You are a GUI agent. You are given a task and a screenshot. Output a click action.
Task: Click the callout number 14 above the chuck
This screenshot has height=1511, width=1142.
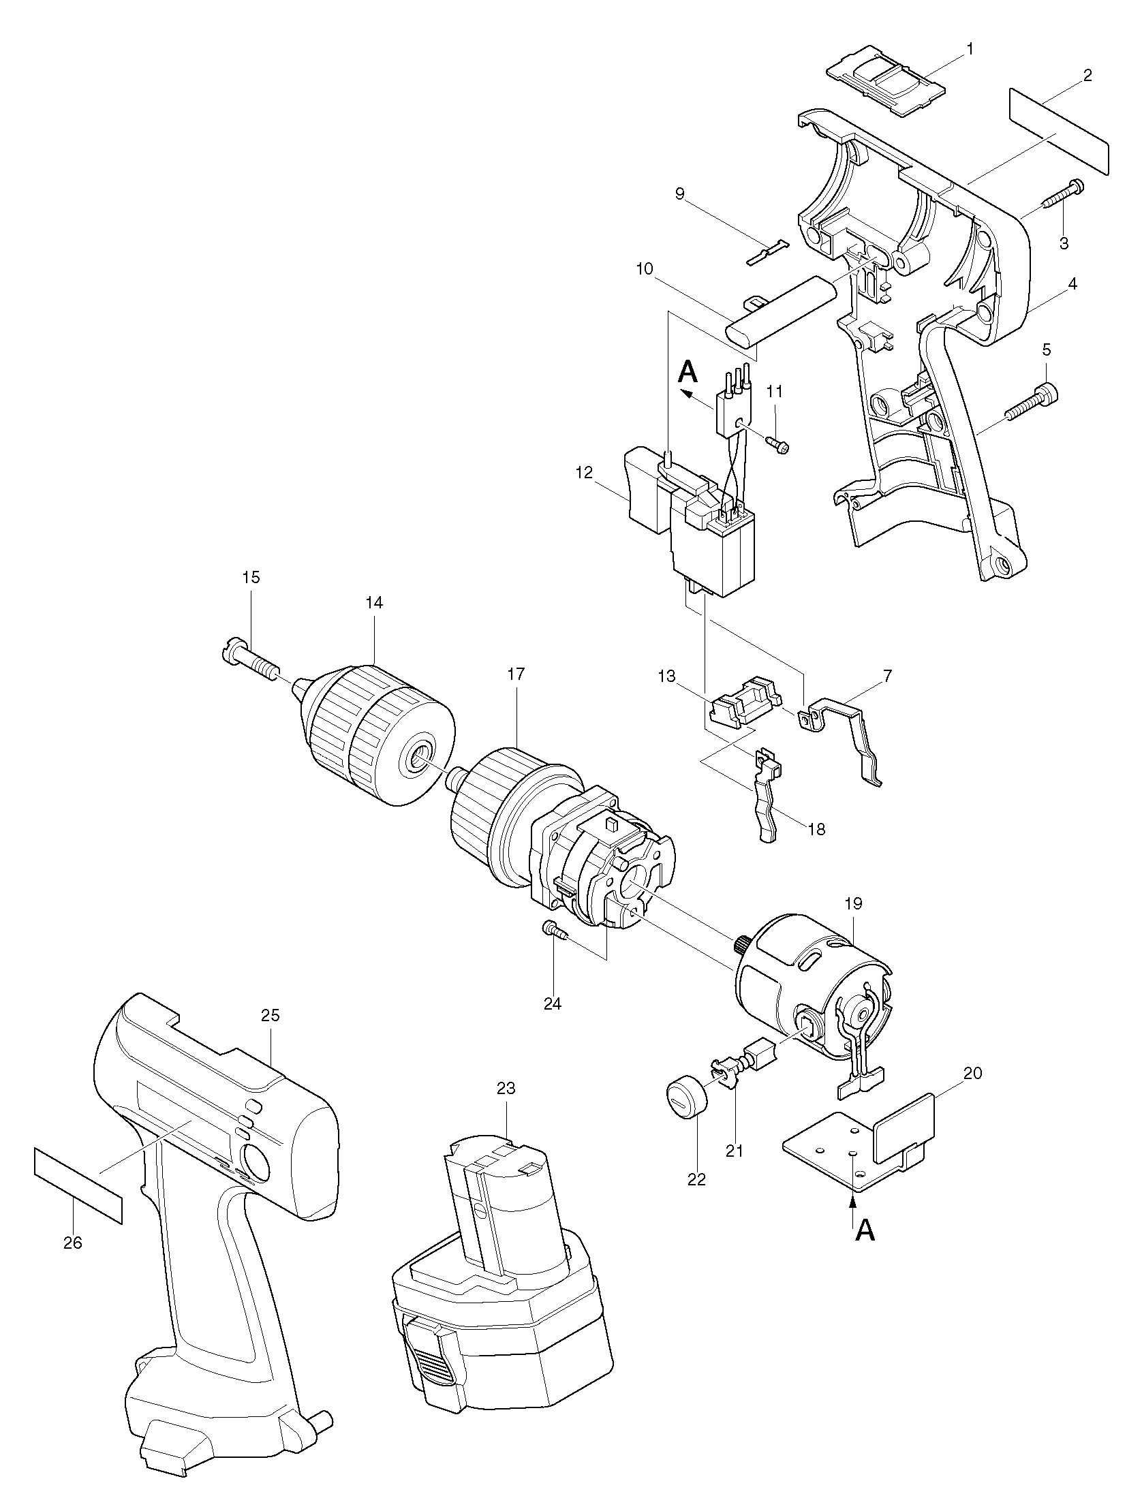pos(374,603)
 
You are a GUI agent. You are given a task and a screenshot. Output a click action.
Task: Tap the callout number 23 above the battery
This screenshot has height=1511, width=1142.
pos(506,1088)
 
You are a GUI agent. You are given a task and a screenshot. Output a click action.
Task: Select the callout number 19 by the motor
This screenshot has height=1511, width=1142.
pos(853,904)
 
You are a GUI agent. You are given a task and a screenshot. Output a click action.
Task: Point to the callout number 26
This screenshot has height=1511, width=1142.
pos(72,1243)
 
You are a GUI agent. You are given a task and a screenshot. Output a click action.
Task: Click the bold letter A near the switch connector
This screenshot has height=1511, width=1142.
pos(688,373)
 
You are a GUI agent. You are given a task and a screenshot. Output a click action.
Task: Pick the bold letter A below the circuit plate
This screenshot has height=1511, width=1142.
pos(865,1230)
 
